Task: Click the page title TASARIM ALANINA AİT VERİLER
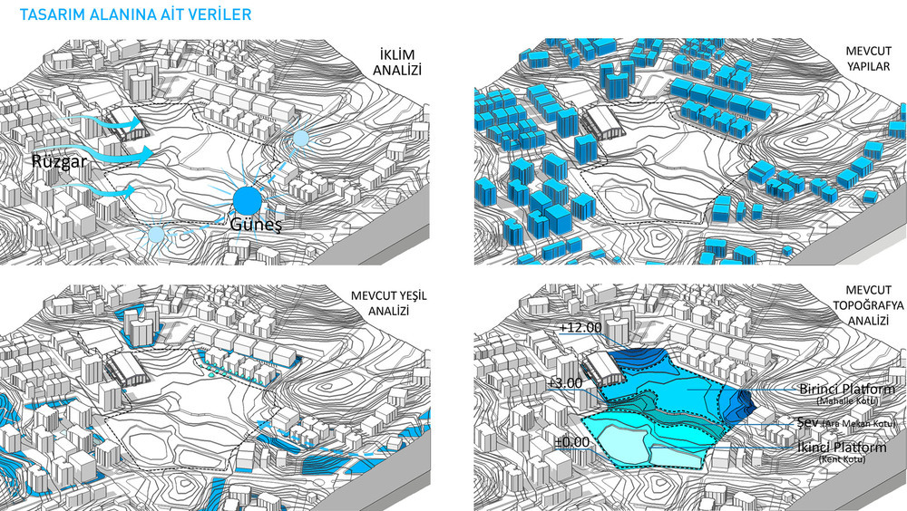pyautogui.click(x=135, y=14)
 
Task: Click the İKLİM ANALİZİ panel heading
pyautogui.click(x=397, y=63)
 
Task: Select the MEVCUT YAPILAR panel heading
pyautogui.click(x=869, y=59)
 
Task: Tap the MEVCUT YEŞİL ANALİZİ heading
pyautogui.click(x=389, y=304)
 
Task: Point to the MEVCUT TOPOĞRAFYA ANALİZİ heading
pyautogui.click(x=868, y=305)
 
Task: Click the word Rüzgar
pyautogui.click(x=60, y=161)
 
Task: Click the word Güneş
pyautogui.click(x=256, y=224)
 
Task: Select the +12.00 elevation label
pyautogui.click(x=580, y=328)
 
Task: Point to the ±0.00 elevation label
pyautogui.click(x=572, y=443)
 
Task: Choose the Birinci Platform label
pyautogui.click(x=847, y=389)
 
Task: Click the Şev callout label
pyautogui.click(x=807, y=422)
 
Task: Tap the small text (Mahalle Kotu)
pyautogui.click(x=847, y=401)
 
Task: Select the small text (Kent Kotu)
pyautogui.click(x=843, y=460)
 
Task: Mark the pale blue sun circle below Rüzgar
pyautogui.click(x=156, y=234)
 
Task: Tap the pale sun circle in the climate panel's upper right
pyautogui.click(x=301, y=138)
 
